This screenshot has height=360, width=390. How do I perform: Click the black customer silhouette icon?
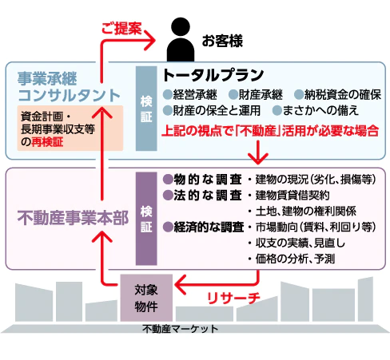coord(181,39)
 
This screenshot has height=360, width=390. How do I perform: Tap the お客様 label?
coord(222,42)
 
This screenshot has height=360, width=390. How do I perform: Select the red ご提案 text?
coord(121,28)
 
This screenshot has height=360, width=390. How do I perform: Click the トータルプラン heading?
coord(213,75)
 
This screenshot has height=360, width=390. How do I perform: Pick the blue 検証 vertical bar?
coord(146,109)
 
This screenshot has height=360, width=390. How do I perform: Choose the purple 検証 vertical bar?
coord(146,219)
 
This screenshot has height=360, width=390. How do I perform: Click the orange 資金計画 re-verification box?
coord(70,129)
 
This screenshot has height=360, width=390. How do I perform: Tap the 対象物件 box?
coord(146,298)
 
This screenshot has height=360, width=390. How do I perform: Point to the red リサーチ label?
coord(233,298)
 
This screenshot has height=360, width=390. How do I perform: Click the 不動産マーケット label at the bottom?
coord(181,329)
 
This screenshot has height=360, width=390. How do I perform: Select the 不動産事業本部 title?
coord(73,218)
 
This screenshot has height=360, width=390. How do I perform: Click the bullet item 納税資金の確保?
coord(337,95)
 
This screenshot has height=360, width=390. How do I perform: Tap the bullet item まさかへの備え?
coord(316,110)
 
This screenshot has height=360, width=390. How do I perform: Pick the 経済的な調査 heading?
coord(204,227)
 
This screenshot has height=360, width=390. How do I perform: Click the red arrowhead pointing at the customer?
coord(150,40)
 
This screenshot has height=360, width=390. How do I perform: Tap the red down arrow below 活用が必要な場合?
coord(258,152)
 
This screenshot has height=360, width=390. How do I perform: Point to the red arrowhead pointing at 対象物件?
coord(180,285)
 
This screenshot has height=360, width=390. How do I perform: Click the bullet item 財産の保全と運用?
coord(212,110)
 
